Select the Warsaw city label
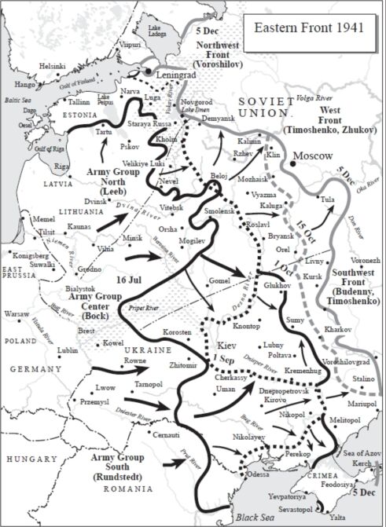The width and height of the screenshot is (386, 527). (x=17, y=314)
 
